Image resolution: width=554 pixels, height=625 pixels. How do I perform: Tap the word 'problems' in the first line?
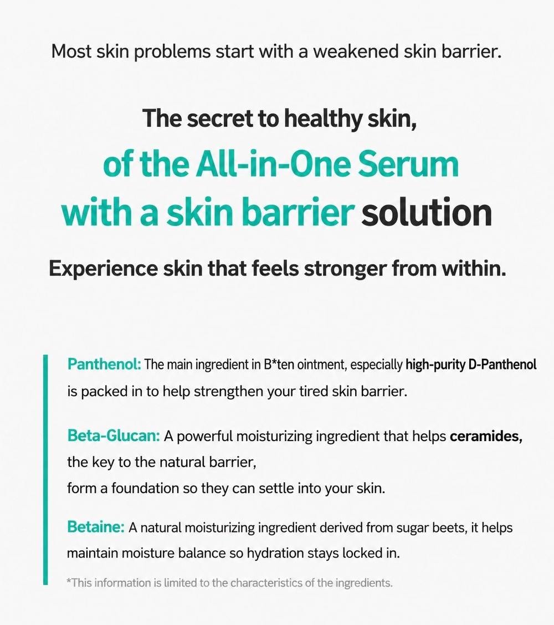[171, 52]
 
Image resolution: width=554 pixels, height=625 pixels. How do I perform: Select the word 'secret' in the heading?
[219, 118]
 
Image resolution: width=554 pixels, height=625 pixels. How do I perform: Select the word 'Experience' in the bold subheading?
[103, 269]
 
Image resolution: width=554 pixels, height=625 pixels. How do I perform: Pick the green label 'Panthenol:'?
[104, 364]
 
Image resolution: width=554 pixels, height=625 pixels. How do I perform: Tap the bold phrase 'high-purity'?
[435, 365]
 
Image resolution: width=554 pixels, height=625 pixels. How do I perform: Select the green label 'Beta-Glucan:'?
[114, 436]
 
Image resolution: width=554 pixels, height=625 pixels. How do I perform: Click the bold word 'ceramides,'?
[486, 437]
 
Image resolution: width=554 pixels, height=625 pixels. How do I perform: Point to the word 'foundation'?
[145, 488]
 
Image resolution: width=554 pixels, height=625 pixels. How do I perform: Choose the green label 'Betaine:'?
[96, 527]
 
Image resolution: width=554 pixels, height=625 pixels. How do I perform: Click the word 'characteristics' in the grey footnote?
[267, 583]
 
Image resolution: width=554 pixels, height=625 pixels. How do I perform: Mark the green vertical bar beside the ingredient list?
[45, 469]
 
